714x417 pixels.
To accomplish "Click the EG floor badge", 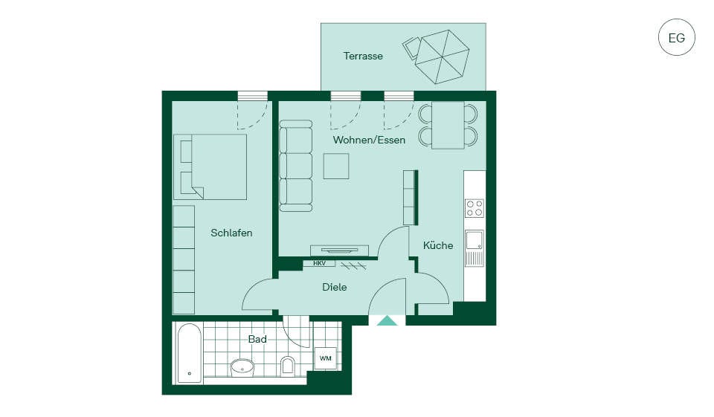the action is pyautogui.click(x=677, y=37).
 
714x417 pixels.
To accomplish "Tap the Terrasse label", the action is pyautogui.click(x=363, y=56).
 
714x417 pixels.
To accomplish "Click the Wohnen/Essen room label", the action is pyautogui.click(x=369, y=140).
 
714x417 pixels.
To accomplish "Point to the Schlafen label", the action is pyautogui.click(x=231, y=233).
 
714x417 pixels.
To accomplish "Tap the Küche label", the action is pyautogui.click(x=438, y=245).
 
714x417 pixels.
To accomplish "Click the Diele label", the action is pyautogui.click(x=334, y=287).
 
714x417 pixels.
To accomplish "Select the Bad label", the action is pyautogui.click(x=257, y=339).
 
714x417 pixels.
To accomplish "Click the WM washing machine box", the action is pyautogui.click(x=325, y=358).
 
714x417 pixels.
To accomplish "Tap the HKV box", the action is pyautogui.click(x=319, y=263).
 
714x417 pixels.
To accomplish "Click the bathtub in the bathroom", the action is pyautogui.click(x=190, y=353).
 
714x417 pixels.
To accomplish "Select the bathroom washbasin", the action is pyautogui.click(x=242, y=366).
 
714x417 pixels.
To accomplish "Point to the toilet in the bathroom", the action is pyautogui.click(x=288, y=366).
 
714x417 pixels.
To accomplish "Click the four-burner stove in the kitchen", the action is pyautogui.click(x=474, y=208).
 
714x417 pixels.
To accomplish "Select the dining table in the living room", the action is pyautogui.click(x=448, y=125).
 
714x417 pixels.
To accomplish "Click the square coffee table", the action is pyautogui.click(x=336, y=166).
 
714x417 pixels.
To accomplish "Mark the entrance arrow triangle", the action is pyautogui.click(x=387, y=321).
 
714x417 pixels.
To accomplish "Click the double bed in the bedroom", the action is pyautogui.click(x=210, y=167).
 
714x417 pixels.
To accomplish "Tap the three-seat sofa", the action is pyautogui.click(x=295, y=166).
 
